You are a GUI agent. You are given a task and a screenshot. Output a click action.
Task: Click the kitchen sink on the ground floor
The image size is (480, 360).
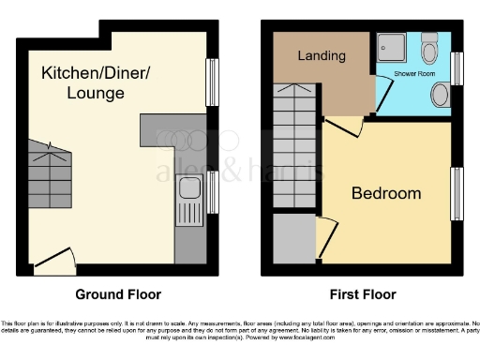coord(187,195)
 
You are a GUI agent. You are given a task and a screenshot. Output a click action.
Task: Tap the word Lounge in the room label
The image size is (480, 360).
coord(93,94)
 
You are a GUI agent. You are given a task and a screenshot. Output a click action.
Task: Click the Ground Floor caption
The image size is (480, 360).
coord(117,293)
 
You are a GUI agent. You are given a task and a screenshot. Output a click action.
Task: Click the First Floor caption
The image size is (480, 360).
coord(362,293)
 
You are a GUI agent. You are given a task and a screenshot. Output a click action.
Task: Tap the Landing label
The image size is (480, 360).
coord(321,56)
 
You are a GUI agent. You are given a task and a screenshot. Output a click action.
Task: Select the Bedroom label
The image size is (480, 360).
coord(386,193)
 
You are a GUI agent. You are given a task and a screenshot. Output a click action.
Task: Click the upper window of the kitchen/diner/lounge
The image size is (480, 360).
coord(212,82)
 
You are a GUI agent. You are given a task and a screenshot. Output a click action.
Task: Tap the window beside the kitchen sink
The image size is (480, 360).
coord(212,192)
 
